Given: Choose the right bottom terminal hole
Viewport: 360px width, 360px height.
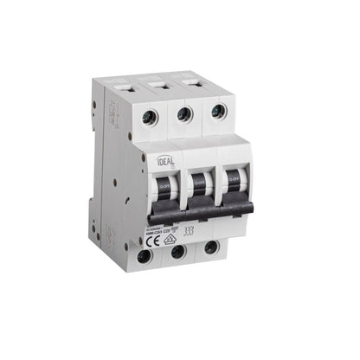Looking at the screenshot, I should pyautogui.click(x=212, y=249).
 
